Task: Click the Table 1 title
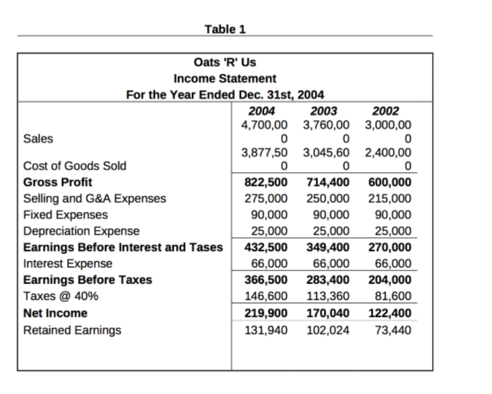225,30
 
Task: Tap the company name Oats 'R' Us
225,62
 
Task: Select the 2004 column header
262,112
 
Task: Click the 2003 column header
324,112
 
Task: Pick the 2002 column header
386,112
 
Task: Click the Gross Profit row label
58,182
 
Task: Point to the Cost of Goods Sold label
75,166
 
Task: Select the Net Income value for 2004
266,313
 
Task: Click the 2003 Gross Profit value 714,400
328,182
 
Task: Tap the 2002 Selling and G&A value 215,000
389,198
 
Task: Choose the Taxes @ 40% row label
61,296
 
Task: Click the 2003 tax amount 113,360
328,296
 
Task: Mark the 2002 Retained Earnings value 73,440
393,330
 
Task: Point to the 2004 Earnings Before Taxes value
266,280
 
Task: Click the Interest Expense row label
68,264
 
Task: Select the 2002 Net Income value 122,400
389,313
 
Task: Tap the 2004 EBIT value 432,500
266,248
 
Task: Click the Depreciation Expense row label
82,231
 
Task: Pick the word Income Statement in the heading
225,78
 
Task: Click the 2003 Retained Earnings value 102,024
328,330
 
